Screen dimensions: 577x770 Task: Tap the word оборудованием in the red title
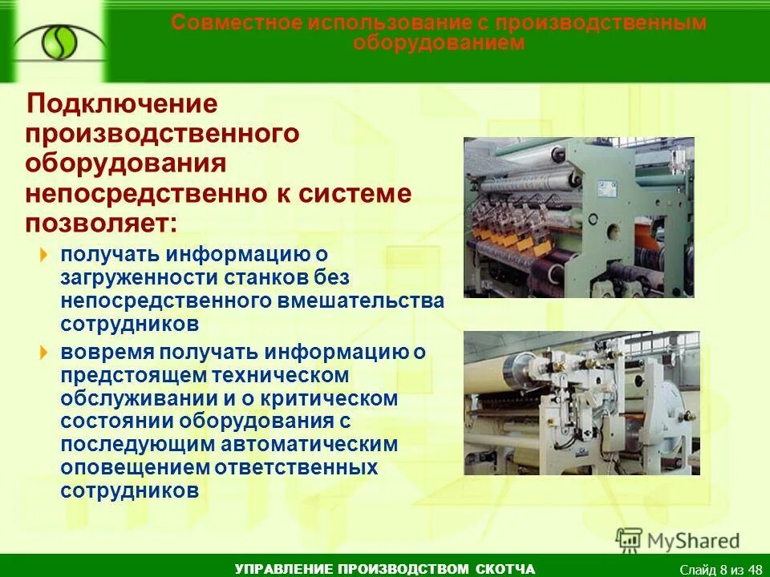pos(439,42)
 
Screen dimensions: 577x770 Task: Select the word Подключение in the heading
pos(123,105)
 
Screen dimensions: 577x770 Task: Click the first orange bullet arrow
pos(45,256)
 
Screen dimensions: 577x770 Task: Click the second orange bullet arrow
pos(45,353)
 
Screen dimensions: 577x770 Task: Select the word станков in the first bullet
pos(239,277)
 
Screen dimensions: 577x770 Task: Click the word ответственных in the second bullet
pos(299,467)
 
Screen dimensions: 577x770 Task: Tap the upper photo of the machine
pos(578,217)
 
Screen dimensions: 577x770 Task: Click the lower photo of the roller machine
pos(582,402)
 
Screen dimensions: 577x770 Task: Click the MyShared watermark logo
pos(678,540)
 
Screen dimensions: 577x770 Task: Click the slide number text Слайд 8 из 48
pos(720,569)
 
